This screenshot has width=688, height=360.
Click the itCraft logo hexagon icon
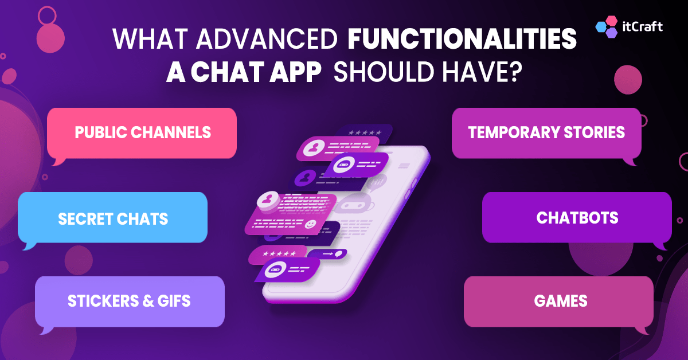point(607,27)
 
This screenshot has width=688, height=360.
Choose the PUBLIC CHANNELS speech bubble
point(142,132)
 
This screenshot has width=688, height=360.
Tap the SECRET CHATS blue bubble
point(113,218)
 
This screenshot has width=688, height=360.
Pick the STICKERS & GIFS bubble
point(130,301)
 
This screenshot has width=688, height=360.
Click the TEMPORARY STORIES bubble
point(546,132)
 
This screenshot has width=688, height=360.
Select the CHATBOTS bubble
point(577,218)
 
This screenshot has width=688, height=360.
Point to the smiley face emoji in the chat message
point(310,224)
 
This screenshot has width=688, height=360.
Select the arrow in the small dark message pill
point(328,253)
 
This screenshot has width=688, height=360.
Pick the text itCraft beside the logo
point(642,26)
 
